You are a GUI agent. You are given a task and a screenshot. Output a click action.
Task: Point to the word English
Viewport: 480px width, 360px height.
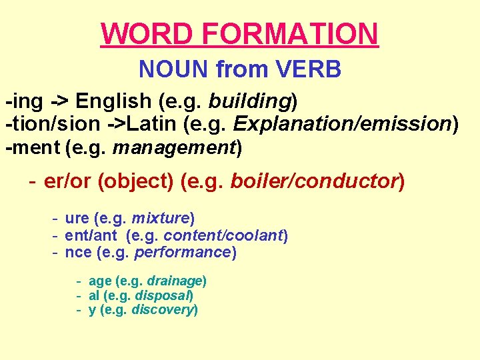(113, 102)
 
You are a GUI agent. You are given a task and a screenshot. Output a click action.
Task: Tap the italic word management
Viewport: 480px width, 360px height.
(175, 147)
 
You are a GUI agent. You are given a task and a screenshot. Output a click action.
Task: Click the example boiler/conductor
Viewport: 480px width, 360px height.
(314, 181)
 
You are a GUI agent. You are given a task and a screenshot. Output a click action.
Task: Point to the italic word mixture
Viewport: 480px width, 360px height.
(160, 218)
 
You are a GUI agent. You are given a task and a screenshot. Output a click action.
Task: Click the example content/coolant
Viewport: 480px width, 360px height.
(224, 235)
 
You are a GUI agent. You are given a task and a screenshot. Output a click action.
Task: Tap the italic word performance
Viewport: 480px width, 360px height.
(182, 253)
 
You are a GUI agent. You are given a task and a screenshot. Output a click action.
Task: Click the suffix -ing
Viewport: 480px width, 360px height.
(25, 102)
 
